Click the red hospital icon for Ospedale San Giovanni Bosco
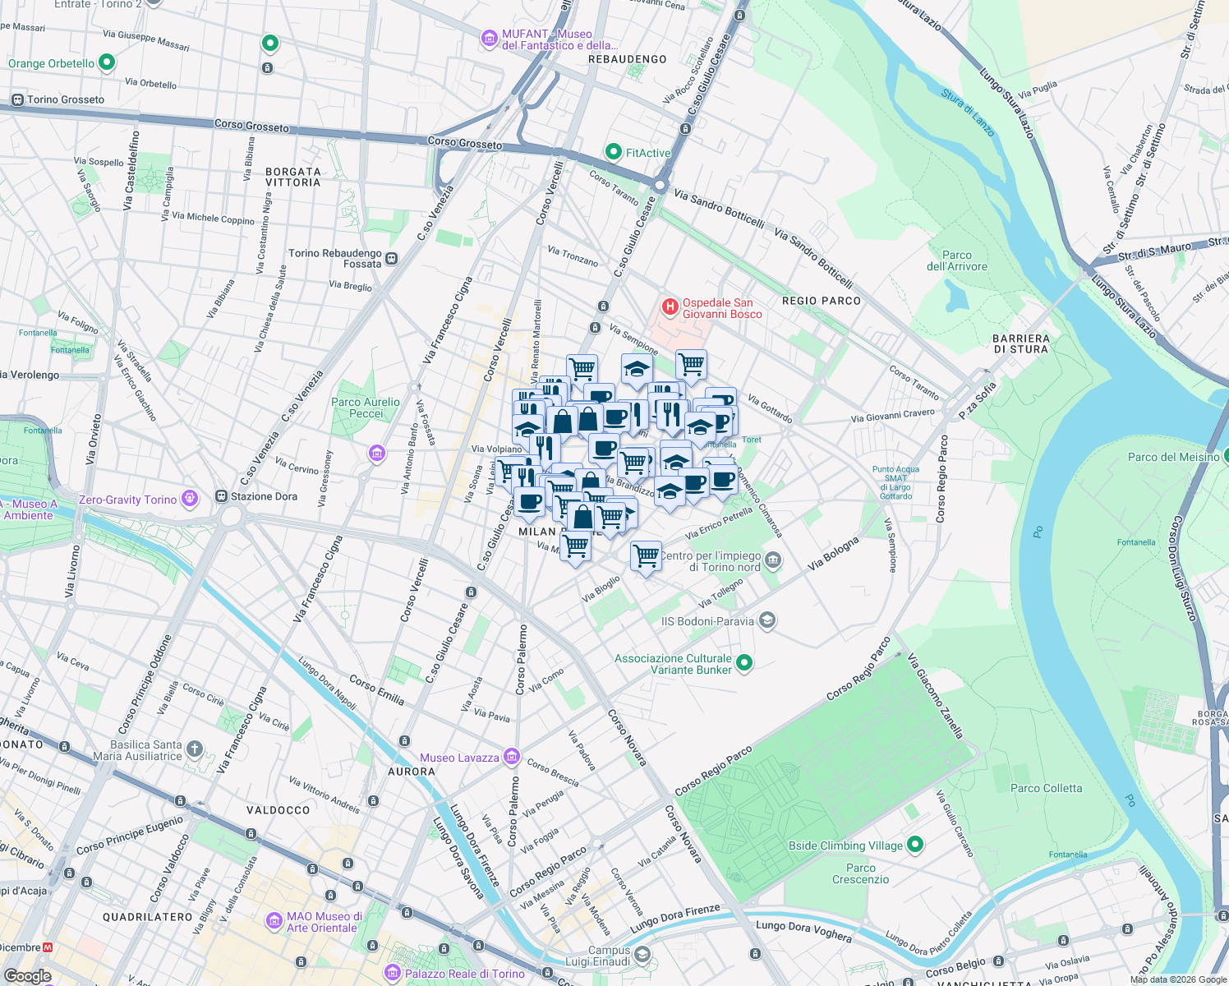click(670, 307)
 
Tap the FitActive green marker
click(613, 152)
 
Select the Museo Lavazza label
click(459, 758)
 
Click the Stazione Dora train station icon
click(221, 496)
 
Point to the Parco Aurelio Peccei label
click(366, 408)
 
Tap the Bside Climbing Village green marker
click(915, 845)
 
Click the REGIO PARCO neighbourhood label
click(822, 301)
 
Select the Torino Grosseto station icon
click(16, 99)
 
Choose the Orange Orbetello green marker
click(106, 62)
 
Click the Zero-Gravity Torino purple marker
click(190, 499)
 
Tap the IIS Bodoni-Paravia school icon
click(766, 620)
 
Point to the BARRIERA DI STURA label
click(1020, 343)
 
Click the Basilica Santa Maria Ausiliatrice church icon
click(194, 749)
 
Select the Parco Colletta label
click(1046, 788)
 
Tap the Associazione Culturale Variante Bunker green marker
click(744, 662)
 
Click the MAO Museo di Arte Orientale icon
click(274, 921)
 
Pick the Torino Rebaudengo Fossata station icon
click(392, 258)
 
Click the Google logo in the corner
click(27, 975)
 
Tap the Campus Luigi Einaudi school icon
click(642, 955)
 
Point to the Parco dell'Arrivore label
click(956, 260)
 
